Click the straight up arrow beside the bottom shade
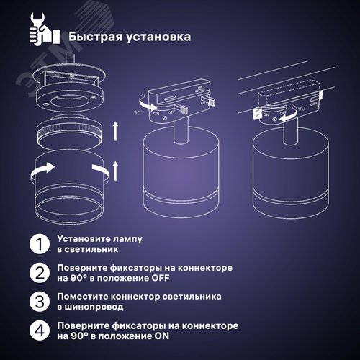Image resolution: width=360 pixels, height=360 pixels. [116, 171]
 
